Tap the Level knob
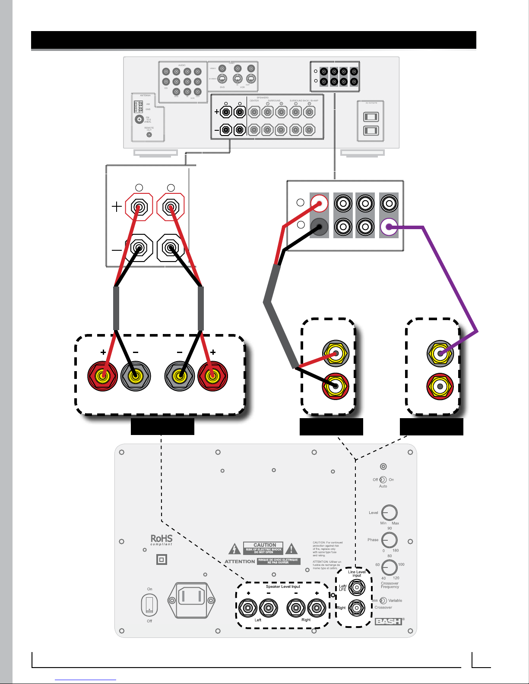tap(390, 513)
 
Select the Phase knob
tap(390, 540)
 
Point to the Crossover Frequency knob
tap(390, 567)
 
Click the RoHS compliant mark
tap(161, 540)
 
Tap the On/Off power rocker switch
tap(149, 605)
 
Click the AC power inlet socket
tap(191, 600)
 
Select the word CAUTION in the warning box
tap(264, 545)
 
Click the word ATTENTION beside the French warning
tap(240, 561)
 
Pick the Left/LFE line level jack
tap(357, 587)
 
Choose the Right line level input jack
tap(357, 608)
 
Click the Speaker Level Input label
tap(283, 586)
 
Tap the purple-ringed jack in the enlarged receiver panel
tap(389, 227)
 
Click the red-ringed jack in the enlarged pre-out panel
tap(319, 203)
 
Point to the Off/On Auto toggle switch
tap(383, 480)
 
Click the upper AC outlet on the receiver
tap(371, 117)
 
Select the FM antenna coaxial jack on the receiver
tap(139, 119)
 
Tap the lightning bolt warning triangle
tap(234, 549)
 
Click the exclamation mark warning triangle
tap(291, 549)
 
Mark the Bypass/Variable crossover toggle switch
tap(383, 601)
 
